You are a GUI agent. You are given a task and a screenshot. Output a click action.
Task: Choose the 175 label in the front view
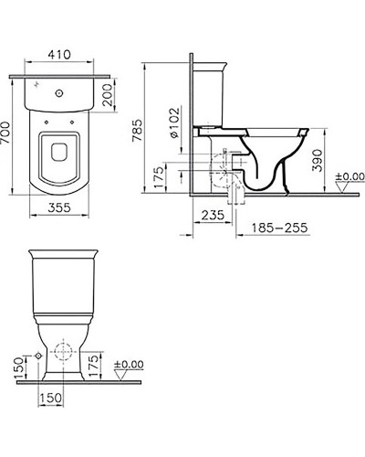coord(108,367)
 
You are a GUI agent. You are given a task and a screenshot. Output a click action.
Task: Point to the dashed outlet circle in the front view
coord(61,353)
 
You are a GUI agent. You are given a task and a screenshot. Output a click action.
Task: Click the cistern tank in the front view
coord(62,284)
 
